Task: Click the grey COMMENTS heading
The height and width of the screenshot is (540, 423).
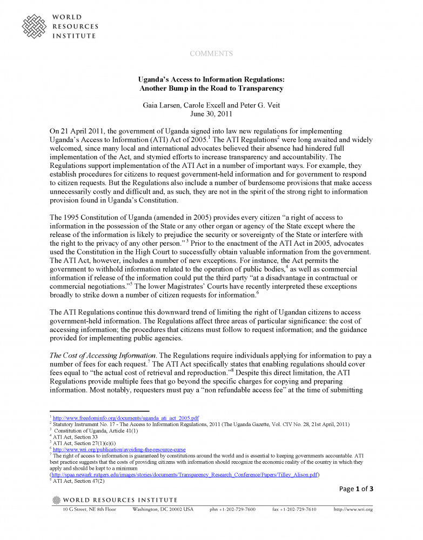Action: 211,53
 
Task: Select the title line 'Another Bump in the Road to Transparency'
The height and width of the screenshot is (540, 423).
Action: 211,88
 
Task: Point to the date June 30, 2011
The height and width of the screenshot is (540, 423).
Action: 211,113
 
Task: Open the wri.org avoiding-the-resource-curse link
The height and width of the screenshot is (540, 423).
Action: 117,449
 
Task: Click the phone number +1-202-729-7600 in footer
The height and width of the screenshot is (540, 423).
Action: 233,509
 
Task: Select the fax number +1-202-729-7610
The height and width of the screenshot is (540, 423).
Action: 294,509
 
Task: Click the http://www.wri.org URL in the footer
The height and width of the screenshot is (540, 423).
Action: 353,509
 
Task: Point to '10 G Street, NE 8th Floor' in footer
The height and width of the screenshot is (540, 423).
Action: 89,509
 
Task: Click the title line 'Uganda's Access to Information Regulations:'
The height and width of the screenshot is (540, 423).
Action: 211,79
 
